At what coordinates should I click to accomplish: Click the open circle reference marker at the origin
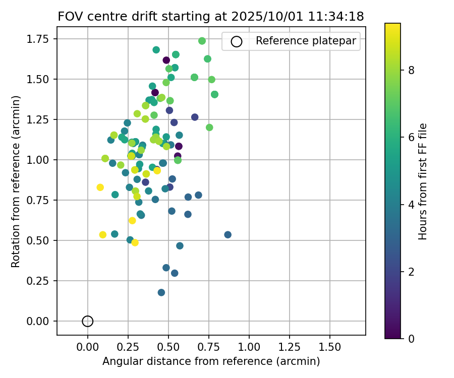coord(88,321)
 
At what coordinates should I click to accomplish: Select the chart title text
coord(211,16)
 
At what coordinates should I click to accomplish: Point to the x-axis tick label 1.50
coord(330,347)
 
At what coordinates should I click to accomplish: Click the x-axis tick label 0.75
coord(209,347)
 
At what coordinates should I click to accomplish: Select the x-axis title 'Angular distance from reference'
coord(211,361)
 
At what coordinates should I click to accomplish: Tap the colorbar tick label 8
coord(412,70)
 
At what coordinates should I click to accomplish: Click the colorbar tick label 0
coord(412,338)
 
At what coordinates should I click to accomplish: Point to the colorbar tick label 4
coord(412,204)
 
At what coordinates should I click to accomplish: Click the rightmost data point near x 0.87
coord(228,235)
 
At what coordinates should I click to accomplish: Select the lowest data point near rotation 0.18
coord(161,292)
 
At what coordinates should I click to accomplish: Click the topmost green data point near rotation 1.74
coord(202,41)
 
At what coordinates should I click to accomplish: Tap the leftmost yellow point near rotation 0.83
coord(100,187)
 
